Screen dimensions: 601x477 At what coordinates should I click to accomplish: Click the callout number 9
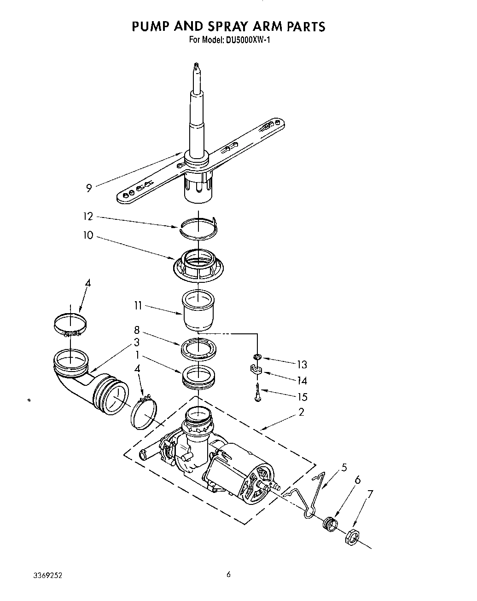pyautogui.click(x=89, y=187)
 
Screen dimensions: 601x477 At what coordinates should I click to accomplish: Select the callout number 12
pyautogui.click(x=88, y=217)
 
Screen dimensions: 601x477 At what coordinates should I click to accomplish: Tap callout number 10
pyautogui.click(x=88, y=235)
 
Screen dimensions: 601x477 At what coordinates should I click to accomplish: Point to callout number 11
pyautogui.click(x=138, y=305)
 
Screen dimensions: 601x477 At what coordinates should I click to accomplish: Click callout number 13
pyautogui.click(x=302, y=365)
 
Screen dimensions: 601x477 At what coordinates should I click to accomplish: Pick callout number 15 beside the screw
pyautogui.click(x=302, y=397)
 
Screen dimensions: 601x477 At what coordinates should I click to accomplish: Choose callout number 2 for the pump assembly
pyautogui.click(x=301, y=412)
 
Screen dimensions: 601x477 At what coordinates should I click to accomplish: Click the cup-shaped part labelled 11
pyautogui.click(x=199, y=309)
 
